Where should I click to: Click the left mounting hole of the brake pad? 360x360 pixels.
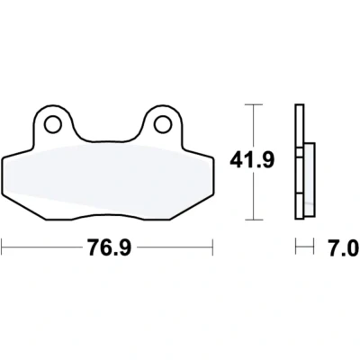tap(53, 124)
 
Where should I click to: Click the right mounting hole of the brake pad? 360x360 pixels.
tap(163, 124)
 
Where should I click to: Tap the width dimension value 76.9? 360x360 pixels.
tap(110, 247)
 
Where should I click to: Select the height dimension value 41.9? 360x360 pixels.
tap(252, 160)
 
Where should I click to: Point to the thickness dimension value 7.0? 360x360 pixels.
tap(344, 247)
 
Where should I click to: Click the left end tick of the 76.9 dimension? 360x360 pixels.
tap(3, 247)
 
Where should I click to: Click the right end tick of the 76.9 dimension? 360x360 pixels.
tap(212, 247)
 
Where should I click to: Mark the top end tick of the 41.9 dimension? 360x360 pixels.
tap(254, 104)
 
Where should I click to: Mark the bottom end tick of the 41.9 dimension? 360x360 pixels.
tap(254, 220)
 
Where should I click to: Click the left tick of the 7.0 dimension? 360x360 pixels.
tap(296, 247)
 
